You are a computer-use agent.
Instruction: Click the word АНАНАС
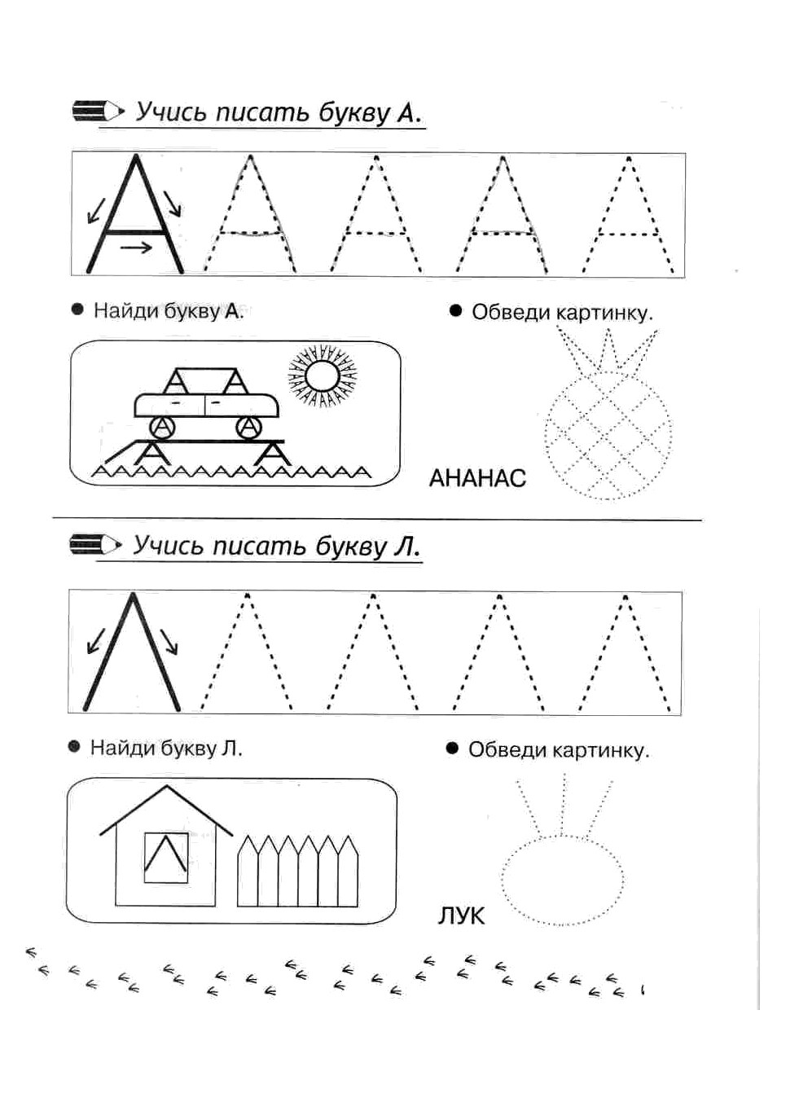coord(477,479)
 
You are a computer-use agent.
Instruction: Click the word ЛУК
coord(461,916)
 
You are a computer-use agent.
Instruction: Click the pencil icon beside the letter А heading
coord(99,111)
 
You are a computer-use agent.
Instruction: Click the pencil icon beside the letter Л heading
coord(95,545)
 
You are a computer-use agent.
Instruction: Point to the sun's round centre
coord(323,375)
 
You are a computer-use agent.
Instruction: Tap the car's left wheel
coord(162,428)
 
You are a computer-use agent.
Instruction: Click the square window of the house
coord(166,858)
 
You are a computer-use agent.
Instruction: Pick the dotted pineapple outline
coord(608,414)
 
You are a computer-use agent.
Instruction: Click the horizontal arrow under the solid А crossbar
coord(136,247)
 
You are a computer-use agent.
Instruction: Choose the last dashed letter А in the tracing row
coord(628,215)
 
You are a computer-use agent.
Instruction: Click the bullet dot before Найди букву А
coord(77,310)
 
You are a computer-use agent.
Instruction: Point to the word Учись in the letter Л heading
coord(168,547)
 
